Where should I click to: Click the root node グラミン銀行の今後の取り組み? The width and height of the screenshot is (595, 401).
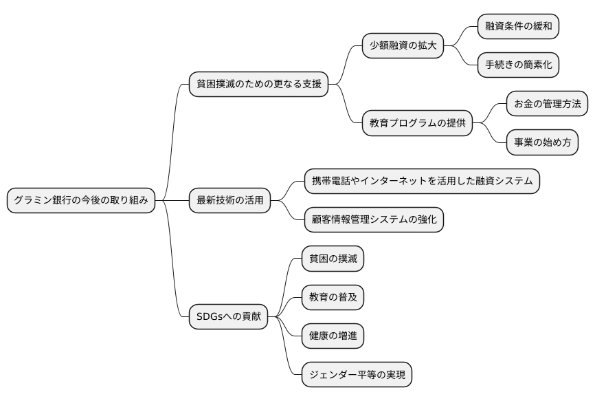click(80, 201)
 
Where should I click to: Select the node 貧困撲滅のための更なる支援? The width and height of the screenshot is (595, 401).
click(258, 85)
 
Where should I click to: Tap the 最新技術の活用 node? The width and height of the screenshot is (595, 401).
click(229, 201)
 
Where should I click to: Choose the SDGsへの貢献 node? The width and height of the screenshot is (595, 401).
click(228, 316)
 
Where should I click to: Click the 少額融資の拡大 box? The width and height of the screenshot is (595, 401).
click(403, 46)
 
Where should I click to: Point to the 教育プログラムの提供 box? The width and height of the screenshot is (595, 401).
click(417, 124)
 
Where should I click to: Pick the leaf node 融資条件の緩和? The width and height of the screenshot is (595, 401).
click(518, 27)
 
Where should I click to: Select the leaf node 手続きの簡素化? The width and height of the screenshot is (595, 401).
click(518, 65)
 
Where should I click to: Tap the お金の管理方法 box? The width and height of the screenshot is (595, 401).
click(547, 104)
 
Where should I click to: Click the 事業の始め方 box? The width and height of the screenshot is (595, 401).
click(542, 143)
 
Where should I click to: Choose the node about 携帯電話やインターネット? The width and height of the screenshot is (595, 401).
click(422, 182)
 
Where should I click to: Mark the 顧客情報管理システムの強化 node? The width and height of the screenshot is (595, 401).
click(374, 220)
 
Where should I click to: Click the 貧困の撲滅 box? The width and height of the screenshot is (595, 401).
click(333, 259)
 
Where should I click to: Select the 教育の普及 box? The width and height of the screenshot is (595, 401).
click(333, 297)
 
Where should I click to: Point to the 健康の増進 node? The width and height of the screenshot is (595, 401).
click(333, 336)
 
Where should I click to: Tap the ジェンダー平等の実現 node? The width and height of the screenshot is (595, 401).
click(357, 375)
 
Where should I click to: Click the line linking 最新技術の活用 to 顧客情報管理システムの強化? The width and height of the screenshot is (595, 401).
click(289, 211)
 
